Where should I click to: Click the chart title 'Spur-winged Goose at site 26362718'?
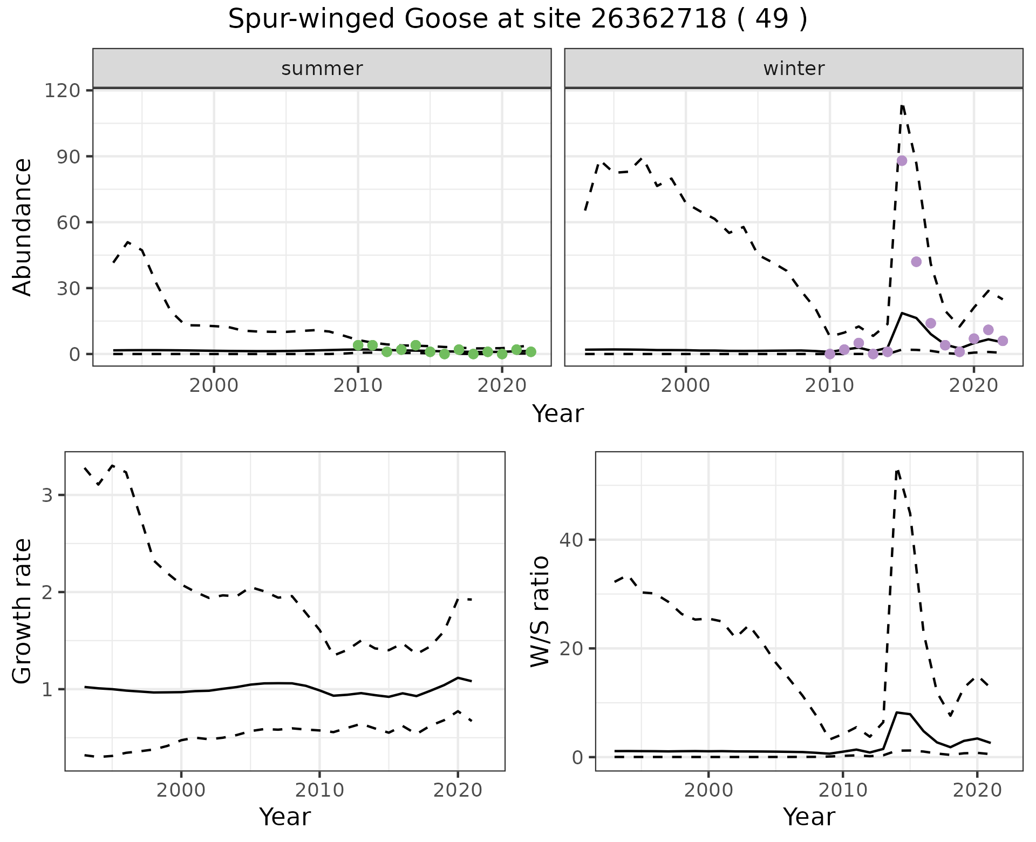click(517, 20)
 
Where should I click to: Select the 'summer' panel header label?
click(322, 69)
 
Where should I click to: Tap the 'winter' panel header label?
click(793, 69)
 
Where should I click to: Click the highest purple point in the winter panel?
click(902, 161)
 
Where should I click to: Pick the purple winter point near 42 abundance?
click(916, 262)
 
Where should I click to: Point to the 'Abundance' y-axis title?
click(23, 227)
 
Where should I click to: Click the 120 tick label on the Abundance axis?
click(61, 91)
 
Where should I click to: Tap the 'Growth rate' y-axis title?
click(23, 611)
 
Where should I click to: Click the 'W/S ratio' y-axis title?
click(540, 611)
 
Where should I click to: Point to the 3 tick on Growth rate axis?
click(47, 495)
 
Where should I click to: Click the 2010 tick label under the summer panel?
click(358, 386)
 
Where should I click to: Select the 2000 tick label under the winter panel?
click(686, 386)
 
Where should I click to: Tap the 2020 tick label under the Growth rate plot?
click(458, 791)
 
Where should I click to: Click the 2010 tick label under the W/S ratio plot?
click(843, 791)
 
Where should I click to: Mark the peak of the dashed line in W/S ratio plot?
click(897, 470)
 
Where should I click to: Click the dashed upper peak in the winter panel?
click(902, 105)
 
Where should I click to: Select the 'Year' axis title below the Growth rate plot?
click(285, 817)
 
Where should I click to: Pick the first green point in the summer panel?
click(358, 345)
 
